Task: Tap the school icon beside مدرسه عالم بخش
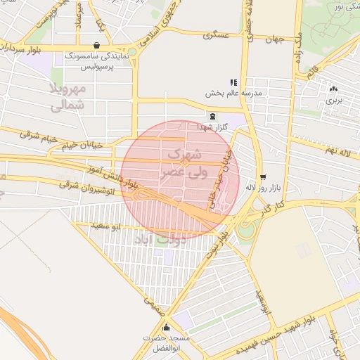coord(233,82)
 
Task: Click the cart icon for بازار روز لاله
coord(263,177)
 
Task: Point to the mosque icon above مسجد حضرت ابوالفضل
coord(166,328)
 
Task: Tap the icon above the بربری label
coord(333,89)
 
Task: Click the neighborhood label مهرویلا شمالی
coord(68,97)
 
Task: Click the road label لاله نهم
coord(338,152)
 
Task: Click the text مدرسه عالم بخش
coord(233,93)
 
